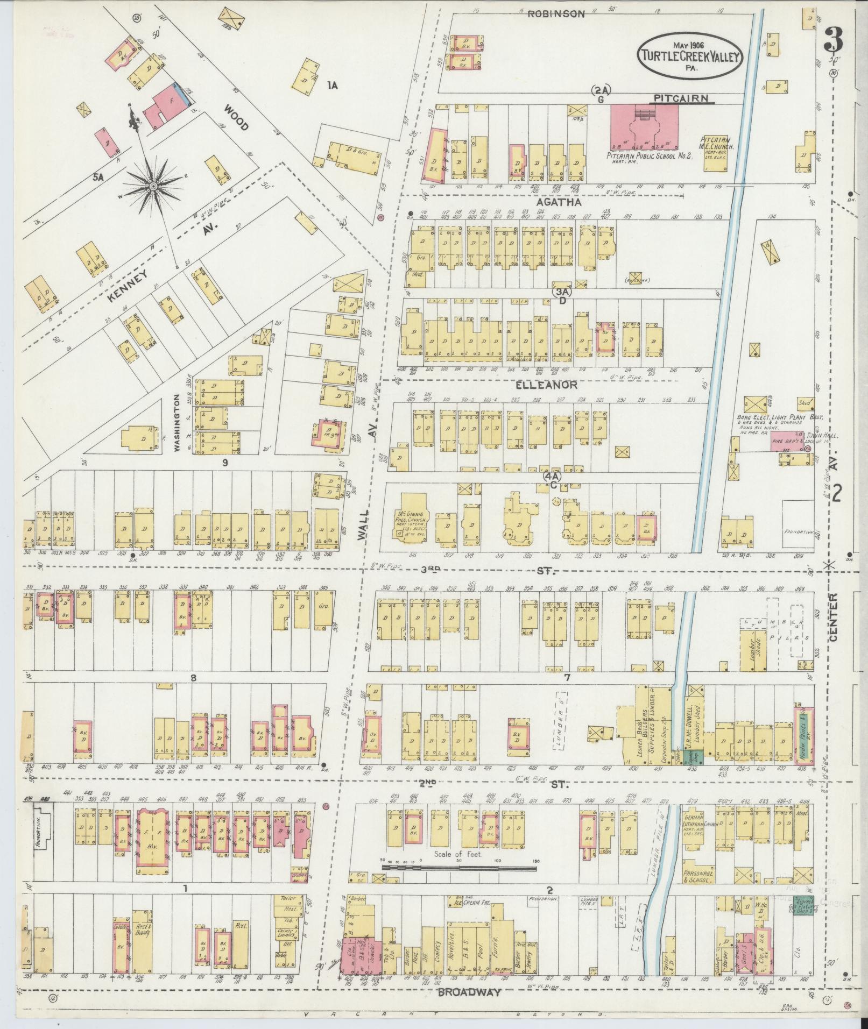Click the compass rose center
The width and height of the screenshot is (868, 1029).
tap(153, 186)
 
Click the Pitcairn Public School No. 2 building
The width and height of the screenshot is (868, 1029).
tap(644, 127)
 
